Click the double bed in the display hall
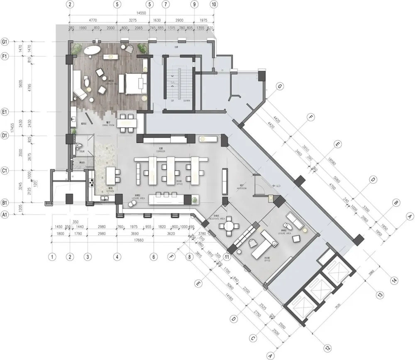[x=133, y=83]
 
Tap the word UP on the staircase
[x=172, y=101]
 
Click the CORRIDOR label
[x=161, y=151]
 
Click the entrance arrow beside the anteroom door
[x=274, y=186]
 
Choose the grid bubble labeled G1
[x=5, y=42]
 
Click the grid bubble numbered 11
[x=227, y=257]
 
